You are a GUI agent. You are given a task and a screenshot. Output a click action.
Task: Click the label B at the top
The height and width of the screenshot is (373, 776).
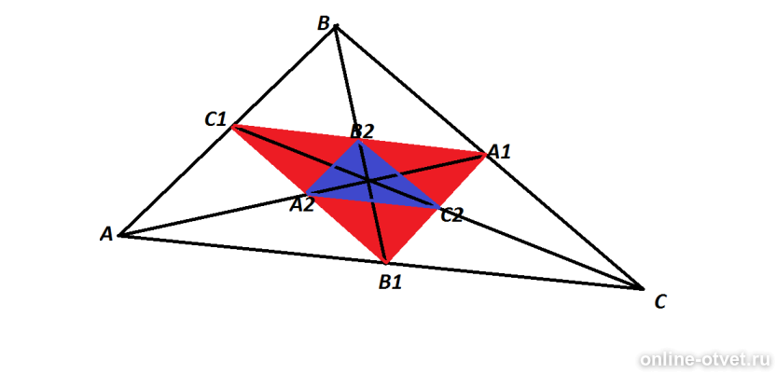tap(323, 23)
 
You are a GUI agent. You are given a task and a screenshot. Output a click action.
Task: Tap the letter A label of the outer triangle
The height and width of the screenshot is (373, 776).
tap(106, 234)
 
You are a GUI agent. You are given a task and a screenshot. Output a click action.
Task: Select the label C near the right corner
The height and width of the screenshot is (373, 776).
tap(660, 301)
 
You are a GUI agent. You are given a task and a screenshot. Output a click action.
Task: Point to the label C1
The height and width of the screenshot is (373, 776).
tap(215, 119)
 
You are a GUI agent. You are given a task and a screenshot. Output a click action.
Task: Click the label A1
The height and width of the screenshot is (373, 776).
tap(499, 152)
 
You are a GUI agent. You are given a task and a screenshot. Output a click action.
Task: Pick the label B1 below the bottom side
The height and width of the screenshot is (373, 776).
tap(390, 283)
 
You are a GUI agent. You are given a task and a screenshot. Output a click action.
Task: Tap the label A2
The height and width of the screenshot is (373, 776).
tap(302, 205)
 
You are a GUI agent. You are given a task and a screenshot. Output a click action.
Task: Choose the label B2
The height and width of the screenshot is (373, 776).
tap(362, 131)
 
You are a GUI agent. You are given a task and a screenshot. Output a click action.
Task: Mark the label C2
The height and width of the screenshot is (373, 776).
tap(451, 215)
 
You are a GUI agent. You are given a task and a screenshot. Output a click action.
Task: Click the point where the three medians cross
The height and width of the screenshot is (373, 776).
tap(368, 181)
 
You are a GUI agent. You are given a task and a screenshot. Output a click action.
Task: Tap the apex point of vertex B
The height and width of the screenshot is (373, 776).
tap(336, 26)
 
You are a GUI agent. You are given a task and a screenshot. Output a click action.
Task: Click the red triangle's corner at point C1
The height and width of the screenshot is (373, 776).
tap(232, 127)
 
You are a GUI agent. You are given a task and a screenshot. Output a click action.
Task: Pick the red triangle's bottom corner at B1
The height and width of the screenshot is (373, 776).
tap(386, 261)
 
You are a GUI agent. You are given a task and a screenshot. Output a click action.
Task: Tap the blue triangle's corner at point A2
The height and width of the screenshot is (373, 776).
tap(307, 193)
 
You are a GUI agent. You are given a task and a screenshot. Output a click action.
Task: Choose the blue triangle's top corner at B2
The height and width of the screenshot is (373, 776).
tap(358, 141)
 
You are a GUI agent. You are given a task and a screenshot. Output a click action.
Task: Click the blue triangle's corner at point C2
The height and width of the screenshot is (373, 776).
tap(439, 207)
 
